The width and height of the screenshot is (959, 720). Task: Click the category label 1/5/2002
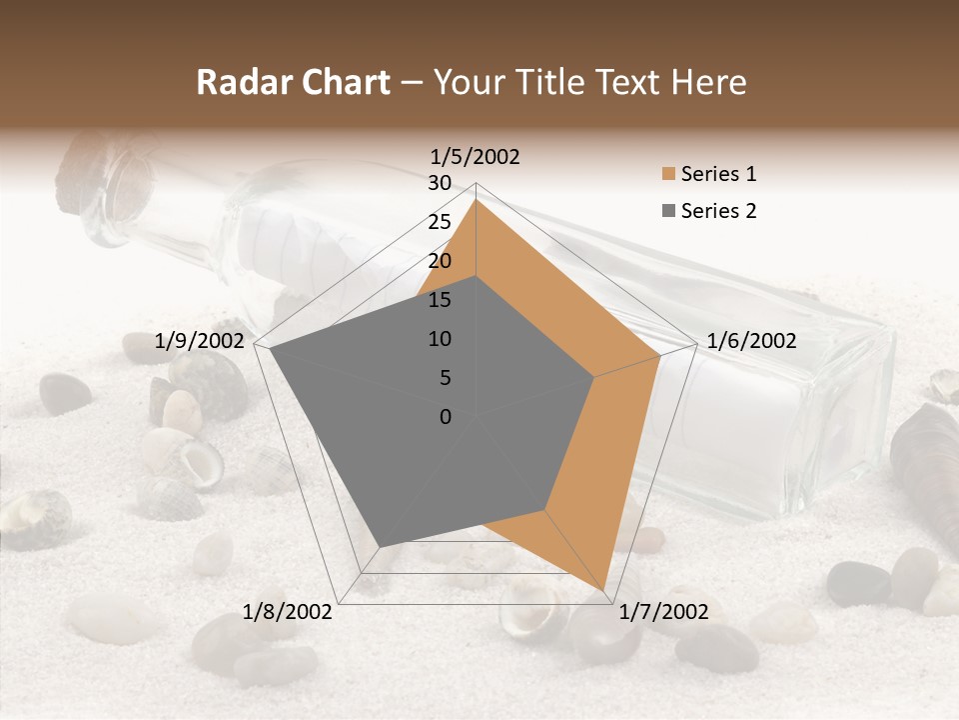pyautogui.click(x=476, y=156)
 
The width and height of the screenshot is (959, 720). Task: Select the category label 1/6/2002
pyautogui.click(x=751, y=341)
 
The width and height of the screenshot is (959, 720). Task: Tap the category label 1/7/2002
pyautogui.click(x=664, y=611)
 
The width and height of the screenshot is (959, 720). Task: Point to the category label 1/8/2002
pyautogui.click(x=288, y=611)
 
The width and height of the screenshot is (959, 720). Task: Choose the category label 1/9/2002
pyautogui.click(x=200, y=341)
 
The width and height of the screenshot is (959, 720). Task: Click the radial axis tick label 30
pyautogui.click(x=440, y=183)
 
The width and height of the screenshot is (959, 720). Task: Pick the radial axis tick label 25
pyautogui.click(x=440, y=222)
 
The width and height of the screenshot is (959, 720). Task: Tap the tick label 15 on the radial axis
pyautogui.click(x=440, y=300)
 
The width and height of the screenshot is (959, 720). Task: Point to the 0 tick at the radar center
pyautogui.click(x=446, y=416)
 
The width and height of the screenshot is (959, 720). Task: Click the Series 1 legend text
pyautogui.click(x=718, y=174)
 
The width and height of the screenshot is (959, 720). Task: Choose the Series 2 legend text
pyautogui.click(x=718, y=211)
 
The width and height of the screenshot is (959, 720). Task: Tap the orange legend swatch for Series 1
pyautogui.click(x=668, y=175)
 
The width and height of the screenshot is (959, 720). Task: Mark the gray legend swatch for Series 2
pyautogui.click(x=668, y=211)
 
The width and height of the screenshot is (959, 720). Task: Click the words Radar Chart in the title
pyautogui.click(x=293, y=82)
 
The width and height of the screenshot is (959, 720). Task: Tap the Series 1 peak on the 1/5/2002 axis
pyautogui.click(x=477, y=200)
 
